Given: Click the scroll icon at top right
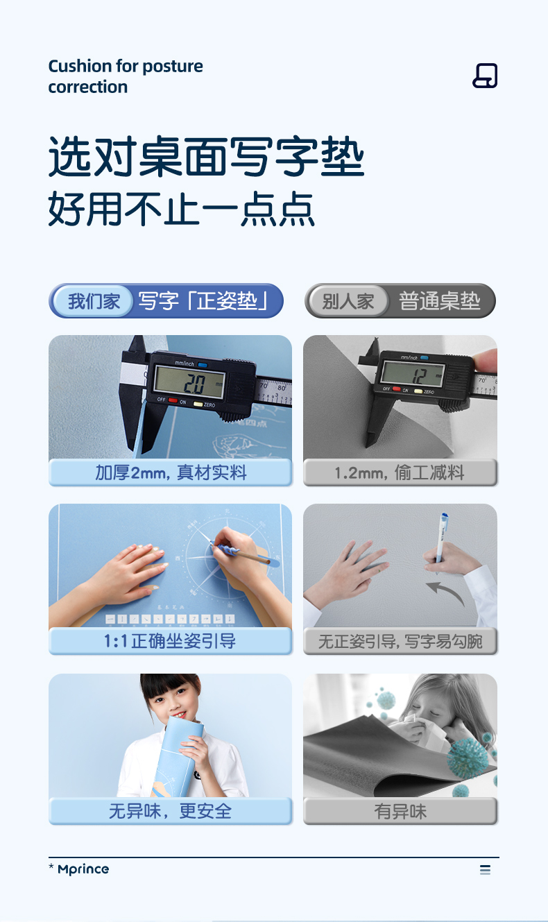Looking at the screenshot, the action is click(x=485, y=76).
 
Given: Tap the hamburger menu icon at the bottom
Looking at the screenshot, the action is click(x=485, y=870).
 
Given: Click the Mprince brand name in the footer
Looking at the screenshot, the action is click(x=83, y=869).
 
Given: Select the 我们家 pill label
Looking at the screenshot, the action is click(x=94, y=301).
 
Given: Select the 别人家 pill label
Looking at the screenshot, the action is click(x=348, y=301).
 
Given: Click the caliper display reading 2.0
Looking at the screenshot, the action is click(x=189, y=383).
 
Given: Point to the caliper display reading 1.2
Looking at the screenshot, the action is click(x=413, y=374).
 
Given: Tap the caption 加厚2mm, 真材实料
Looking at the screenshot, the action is click(x=171, y=472).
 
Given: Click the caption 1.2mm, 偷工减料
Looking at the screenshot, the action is click(x=400, y=472).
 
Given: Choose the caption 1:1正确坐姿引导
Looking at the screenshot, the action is click(x=169, y=641).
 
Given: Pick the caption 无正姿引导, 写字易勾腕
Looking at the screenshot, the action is click(x=400, y=641).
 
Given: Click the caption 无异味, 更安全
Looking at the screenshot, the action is click(x=171, y=811).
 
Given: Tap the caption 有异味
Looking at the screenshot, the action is click(x=400, y=811).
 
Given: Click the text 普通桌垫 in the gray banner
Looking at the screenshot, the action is click(x=439, y=301).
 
